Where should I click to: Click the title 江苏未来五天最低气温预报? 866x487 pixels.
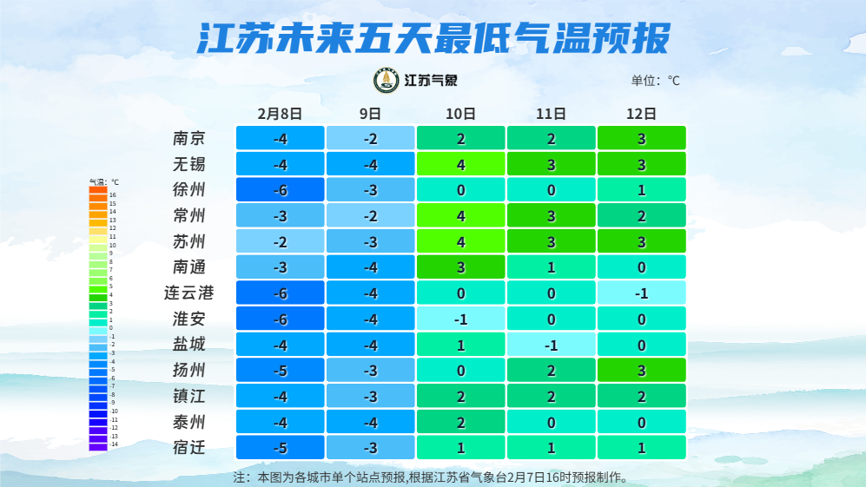(433, 39)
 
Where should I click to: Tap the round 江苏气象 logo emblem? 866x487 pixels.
(386, 81)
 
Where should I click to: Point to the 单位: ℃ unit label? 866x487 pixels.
(655, 81)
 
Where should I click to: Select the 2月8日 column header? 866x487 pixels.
(280, 113)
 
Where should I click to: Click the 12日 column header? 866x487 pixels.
(641, 113)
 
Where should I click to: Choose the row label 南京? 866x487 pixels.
(189, 138)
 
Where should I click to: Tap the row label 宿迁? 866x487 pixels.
(189, 449)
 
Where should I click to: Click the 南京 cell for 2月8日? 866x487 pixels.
(280, 138)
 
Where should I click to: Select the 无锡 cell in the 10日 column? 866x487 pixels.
(460, 164)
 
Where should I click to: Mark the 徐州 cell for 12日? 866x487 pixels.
(641, 190)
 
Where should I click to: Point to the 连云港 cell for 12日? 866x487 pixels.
(641, 293)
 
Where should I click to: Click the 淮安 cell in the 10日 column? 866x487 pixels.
(460, 319)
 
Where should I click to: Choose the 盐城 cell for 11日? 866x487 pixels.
(551, 346)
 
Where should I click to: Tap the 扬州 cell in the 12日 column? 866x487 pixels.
(641, 371)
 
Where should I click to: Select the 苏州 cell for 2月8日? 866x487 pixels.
(280, 241)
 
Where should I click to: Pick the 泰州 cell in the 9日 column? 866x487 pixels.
(370, 423)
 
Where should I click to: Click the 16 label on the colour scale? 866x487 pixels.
(113, 195)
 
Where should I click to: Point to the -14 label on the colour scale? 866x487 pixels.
(114, 444)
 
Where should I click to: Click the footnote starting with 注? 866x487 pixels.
(430, 477)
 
